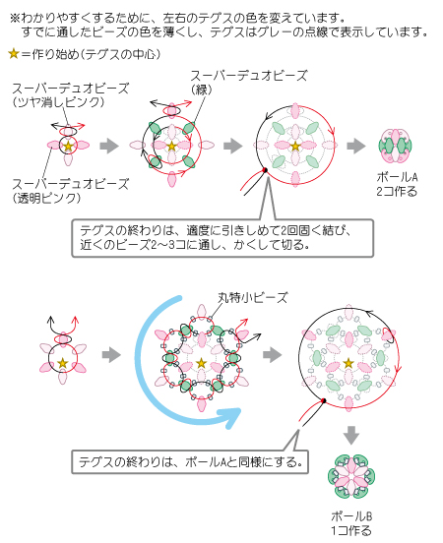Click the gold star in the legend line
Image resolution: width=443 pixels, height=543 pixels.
14,54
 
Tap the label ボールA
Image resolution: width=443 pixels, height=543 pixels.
397,177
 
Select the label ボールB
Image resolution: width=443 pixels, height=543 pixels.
351,516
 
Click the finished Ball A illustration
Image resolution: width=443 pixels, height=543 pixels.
395,147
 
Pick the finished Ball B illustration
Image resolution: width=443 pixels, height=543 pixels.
351,476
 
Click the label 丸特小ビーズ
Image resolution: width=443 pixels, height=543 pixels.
253,297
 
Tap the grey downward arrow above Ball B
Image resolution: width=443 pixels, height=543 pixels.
351,436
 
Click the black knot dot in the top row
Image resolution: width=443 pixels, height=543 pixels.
265,170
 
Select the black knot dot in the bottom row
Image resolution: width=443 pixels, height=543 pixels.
324,400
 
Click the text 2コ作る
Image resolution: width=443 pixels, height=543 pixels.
397,191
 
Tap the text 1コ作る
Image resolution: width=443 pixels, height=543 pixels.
351,530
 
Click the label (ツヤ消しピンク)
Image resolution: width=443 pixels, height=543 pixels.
59,102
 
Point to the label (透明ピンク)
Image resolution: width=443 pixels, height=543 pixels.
47,198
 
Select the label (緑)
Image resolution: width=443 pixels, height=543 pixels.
201,90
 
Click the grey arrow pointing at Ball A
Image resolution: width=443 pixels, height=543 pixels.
356,146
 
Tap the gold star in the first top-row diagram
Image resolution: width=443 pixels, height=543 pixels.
68,146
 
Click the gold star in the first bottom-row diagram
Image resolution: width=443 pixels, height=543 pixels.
62,363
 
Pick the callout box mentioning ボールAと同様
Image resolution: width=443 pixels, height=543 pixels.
190,462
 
